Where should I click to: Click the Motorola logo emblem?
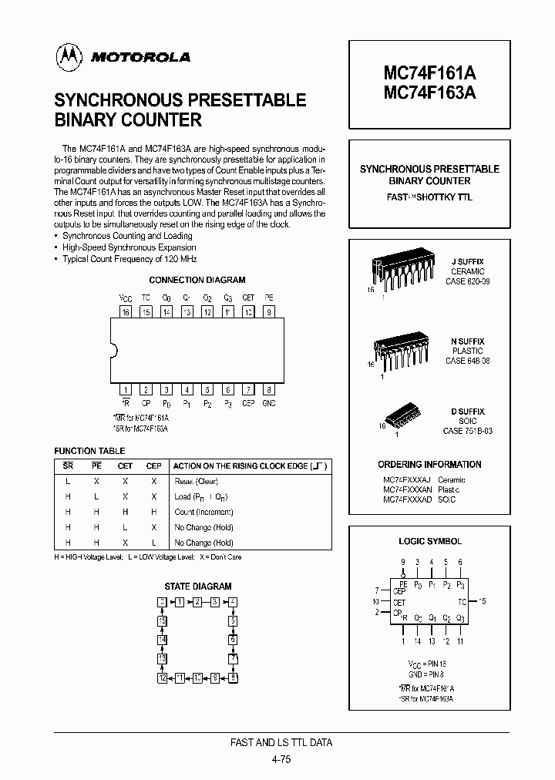pyautogui.click(x=69, y=55)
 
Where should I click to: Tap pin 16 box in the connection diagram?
pyautogui.click(x=126, y=312)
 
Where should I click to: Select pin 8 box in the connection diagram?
pyautogui.click(x=268, y=389)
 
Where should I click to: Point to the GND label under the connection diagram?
pyautogui.click(x=268, y=403)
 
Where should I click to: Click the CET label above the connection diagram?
pyautogui.click(x=248, y=298)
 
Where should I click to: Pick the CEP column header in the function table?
pyautogui.click(x=154, y=466)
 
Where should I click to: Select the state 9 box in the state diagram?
pyautogui.click(x=233, y=677)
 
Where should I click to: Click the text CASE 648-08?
pyautogui.click(x=468, y=361)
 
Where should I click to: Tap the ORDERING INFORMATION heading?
pyautogui.click(x=429, y=464)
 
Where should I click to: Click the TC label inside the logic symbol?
pyautogui.click(x=461, y=601)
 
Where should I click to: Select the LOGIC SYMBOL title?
pyautogui.click(x=430, y=542)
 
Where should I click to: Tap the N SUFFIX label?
pyautogui.click(x=468, y=341)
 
